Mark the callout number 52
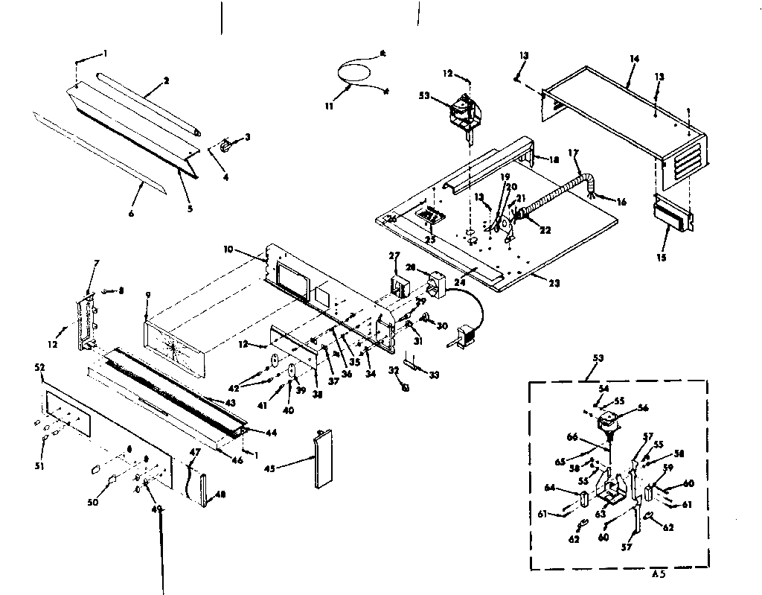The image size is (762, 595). [40, 367]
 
